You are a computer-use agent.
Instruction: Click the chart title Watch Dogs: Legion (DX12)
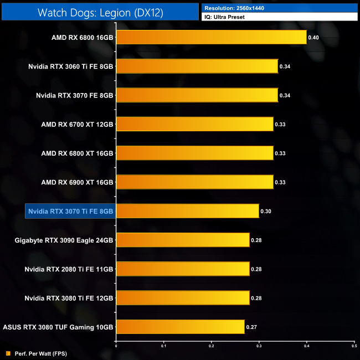point(100,12)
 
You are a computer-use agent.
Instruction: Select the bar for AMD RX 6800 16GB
point(211,38)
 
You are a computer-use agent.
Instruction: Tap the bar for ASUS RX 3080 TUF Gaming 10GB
point(180,327)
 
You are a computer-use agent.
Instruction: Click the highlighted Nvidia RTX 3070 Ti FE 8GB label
point(70,211)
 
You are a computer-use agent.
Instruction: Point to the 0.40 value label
point(314,38)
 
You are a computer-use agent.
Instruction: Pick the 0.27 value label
point(252,327)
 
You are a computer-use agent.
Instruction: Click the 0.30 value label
point(266,211)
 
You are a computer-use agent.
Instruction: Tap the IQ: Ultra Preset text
point(224,17)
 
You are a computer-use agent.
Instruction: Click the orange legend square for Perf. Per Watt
point(8,353)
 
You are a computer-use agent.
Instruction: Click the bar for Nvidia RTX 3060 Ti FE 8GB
point(197,66)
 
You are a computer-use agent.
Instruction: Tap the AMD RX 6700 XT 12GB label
point(77,124)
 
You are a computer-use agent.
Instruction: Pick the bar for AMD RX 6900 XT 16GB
point(194,182)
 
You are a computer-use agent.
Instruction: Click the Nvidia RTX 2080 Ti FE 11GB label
point(69,269)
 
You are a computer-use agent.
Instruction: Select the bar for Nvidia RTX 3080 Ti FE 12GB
point(183,298)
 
